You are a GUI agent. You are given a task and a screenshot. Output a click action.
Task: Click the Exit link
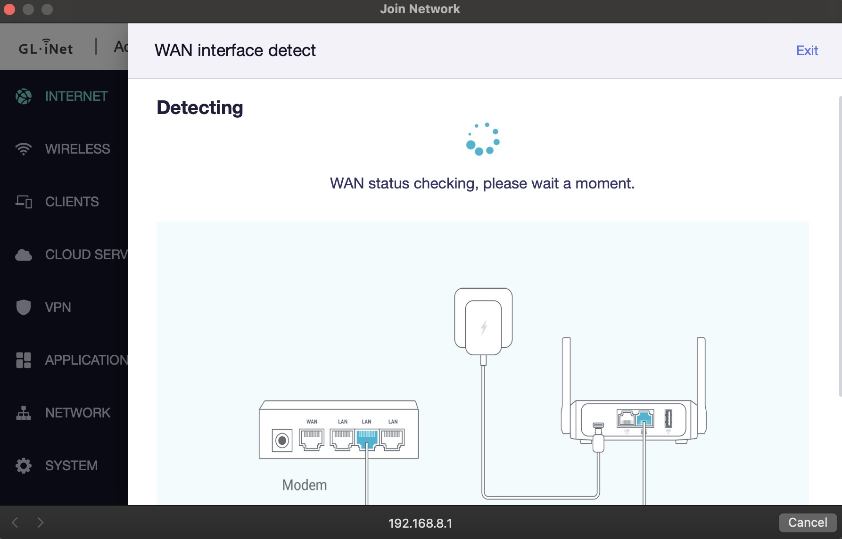[807, 50]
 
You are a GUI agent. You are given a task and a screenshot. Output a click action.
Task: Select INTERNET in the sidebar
[76, 96]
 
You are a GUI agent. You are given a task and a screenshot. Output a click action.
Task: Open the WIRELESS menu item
[77, 149]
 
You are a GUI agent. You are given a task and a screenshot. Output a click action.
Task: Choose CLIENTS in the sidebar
[72, 202]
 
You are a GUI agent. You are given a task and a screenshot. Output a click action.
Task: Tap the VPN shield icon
[23, 307]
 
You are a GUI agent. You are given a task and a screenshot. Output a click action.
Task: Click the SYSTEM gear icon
[23, 465]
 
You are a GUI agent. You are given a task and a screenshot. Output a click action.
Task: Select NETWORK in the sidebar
[77, 413]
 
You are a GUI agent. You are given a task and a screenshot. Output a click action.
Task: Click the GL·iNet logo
[46, 47]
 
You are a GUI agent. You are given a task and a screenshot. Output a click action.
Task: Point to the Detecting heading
[200, 107]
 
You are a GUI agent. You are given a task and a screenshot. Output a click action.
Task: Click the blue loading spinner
[482, 139]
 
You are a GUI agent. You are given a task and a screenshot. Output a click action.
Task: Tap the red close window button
[9, 9]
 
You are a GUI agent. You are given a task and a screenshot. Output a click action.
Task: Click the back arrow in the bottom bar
[15, 522]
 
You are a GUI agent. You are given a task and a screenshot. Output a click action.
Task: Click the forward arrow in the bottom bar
[41, 522]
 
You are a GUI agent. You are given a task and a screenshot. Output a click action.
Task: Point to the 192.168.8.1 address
[420, 523]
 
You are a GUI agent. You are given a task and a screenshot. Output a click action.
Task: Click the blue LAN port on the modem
[367, 439]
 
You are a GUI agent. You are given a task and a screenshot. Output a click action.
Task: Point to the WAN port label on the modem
[312, 422]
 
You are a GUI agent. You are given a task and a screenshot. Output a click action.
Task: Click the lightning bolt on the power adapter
[484, 327]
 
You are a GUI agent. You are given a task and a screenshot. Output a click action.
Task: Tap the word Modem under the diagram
[304, 485]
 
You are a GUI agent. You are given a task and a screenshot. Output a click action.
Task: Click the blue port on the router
[644, 418]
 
